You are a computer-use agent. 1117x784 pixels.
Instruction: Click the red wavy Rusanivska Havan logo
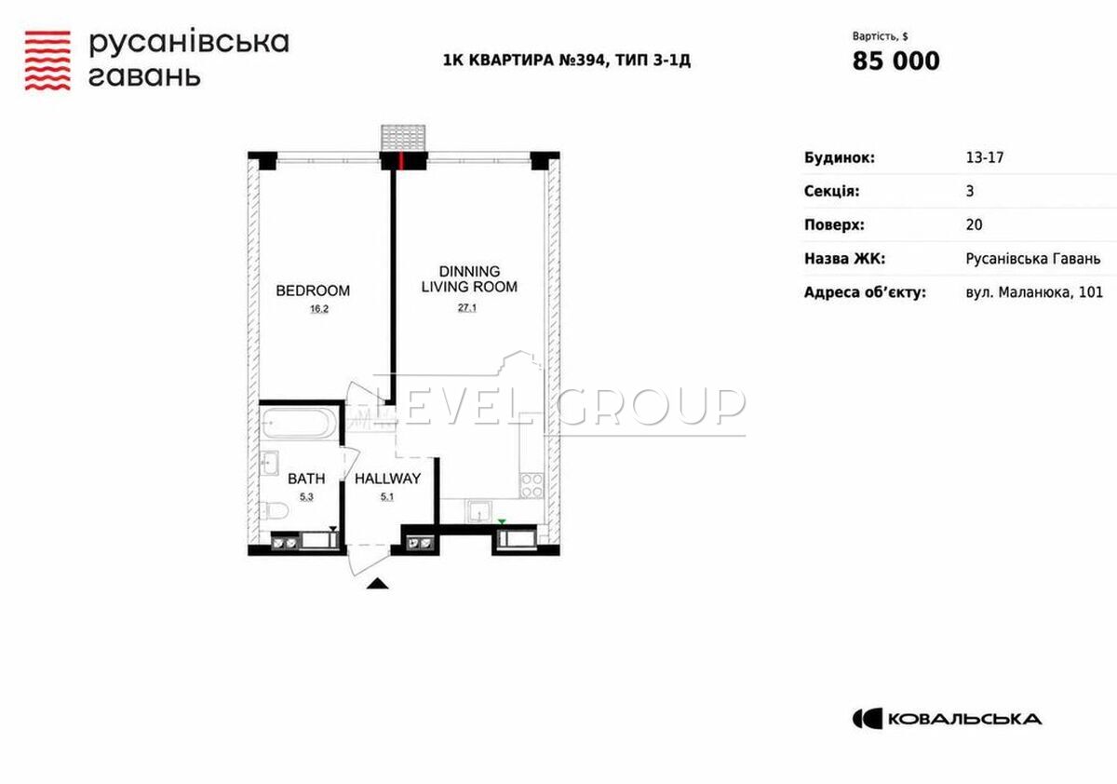[x=47, y=61]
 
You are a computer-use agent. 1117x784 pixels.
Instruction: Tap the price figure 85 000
[x=896, y=61]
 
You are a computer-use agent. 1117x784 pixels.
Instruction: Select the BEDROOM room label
[x=313, y=291]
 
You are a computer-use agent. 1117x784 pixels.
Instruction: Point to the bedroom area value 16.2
[x=319, y=309]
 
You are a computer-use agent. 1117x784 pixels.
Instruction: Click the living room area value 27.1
[x=467, y=307]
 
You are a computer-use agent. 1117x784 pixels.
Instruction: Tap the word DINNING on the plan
[x=469, y=271]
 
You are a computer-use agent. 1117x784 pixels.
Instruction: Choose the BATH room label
[x=306, y=479]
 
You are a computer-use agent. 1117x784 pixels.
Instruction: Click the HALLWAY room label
[x=387, y=479]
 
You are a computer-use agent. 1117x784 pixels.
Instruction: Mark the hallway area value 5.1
[x=387, y=496]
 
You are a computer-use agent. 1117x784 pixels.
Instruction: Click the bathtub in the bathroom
[x=298, y=423]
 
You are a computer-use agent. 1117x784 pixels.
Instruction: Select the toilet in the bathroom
[x=275, y=510]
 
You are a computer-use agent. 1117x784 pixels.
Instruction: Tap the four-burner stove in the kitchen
[x=532, y=485]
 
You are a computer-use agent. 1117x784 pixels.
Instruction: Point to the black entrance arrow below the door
[x=378, y=583]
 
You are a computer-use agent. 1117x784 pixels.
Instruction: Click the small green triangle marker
[x=502, y=522]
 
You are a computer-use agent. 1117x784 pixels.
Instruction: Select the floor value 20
[x=974, y=225]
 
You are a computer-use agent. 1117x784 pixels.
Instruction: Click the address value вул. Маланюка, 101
[x=1034, y=292]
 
